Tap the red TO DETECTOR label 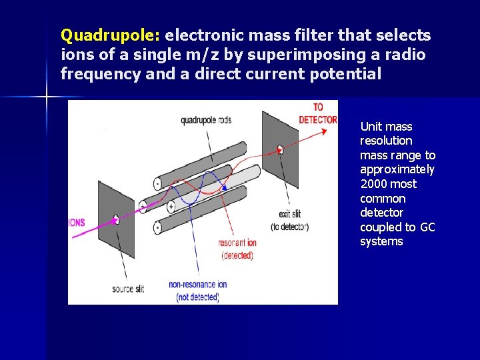point(318,113)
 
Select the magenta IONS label point(77,223)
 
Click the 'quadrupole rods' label point(207,121)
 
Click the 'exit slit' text point(290,214)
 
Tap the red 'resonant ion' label point(236,243)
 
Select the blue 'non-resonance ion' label point(197,285)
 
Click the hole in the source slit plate point(116,219)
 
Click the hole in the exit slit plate point(280,149)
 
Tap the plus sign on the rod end point(171,206)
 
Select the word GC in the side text point(427,227)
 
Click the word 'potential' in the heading point(345,73)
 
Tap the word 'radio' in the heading point(407,54)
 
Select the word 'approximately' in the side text point(397,169)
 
